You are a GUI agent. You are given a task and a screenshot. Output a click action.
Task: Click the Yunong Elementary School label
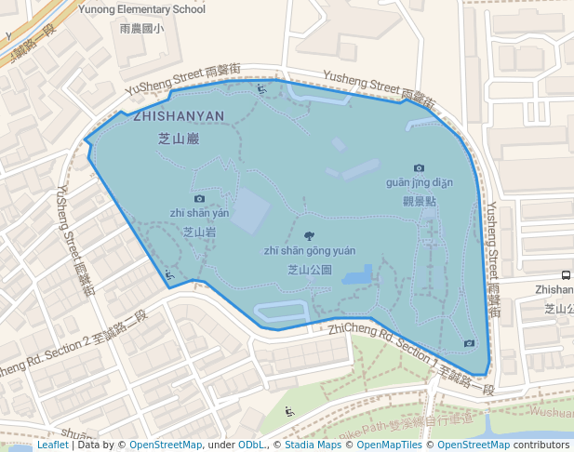click(x=142, y=9)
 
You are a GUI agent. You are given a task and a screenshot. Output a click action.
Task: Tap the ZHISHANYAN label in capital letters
click(x=179, y=116)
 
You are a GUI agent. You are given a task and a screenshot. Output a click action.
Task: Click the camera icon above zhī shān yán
click(x=199, y=198)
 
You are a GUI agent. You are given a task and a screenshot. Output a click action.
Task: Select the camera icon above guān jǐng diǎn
click(x=419, y=168)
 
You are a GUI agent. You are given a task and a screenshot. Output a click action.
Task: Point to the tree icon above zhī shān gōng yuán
click(x=309, y=236)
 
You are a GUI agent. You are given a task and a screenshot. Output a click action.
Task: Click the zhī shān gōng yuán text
click(x=309, y=250)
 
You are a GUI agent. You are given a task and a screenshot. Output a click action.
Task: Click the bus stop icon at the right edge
click(x=566, y=275)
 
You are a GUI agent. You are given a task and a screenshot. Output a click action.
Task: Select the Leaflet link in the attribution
click(x=52, y=445)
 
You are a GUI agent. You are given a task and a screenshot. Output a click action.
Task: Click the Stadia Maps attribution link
click(x=313, y=445)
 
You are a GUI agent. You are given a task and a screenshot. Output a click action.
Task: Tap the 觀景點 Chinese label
click(x=419, y=200)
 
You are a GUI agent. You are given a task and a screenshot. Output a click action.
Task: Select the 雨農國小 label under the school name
click(x=142, y=29)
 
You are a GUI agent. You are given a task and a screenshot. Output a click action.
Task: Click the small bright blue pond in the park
click(x=357, y=275)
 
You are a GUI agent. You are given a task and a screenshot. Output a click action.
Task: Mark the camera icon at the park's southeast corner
click(x=469, y=343)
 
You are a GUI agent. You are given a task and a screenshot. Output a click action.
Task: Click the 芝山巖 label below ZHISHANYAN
click(x=179, y=139)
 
